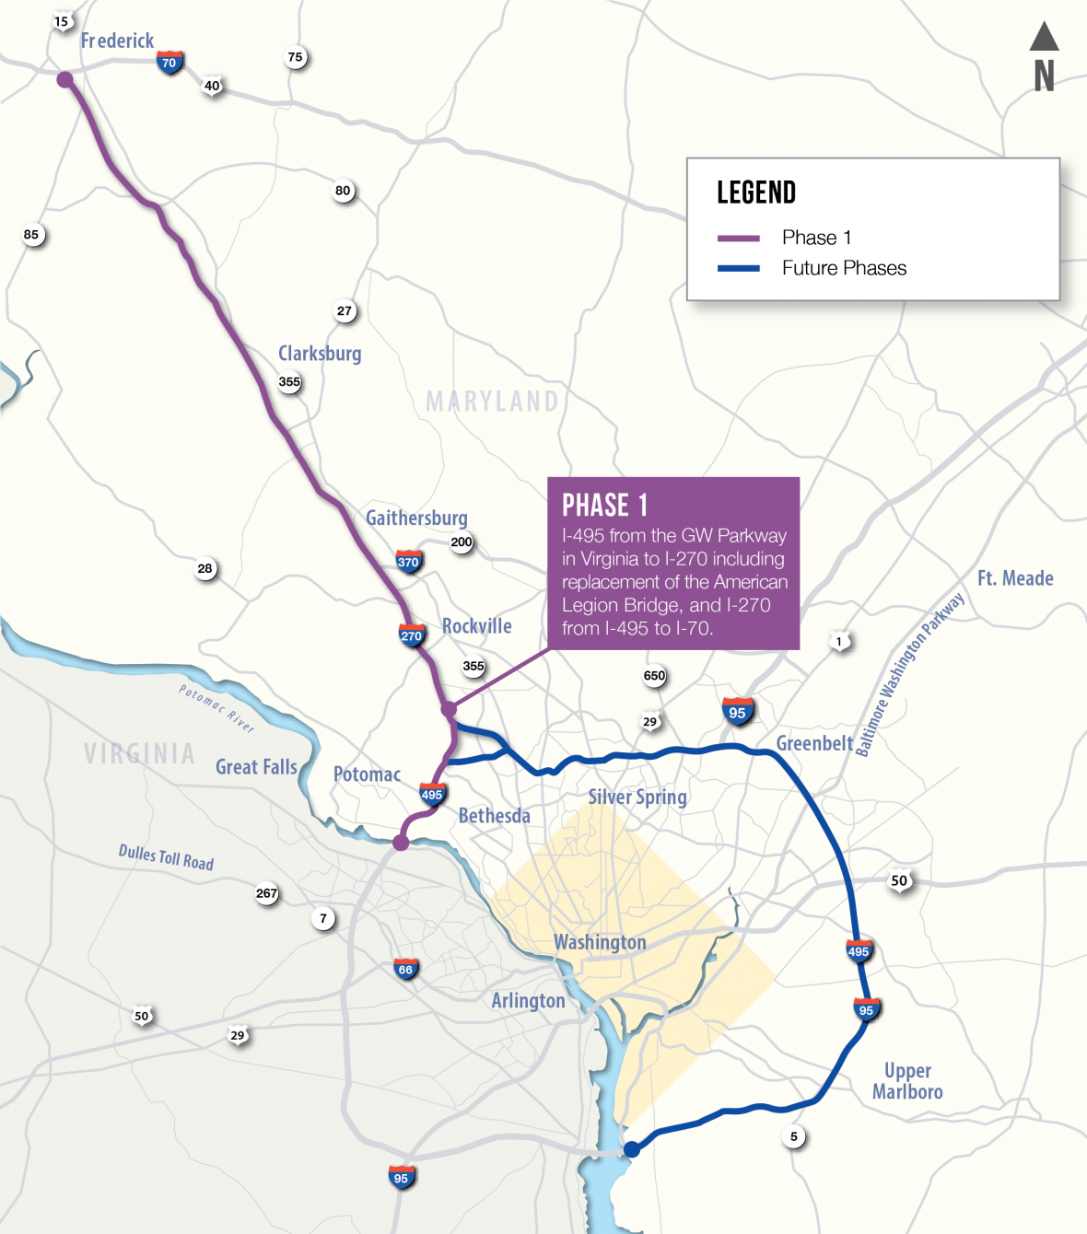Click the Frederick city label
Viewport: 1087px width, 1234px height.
point(117,41)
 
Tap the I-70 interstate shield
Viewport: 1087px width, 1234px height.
point(169,63)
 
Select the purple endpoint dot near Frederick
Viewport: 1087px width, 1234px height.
point(64,79)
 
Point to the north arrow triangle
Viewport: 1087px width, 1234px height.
point(1044,36)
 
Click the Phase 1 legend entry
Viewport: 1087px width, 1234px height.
point(816,238)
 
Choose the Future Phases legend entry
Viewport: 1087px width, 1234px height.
point(844,268)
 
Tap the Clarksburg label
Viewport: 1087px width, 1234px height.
point(320,354)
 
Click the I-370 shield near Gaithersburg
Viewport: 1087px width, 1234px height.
point(408,562)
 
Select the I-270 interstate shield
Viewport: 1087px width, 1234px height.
point(411,635)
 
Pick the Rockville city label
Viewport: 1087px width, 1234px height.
point(476,626)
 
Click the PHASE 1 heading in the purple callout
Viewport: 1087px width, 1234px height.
point(604,506)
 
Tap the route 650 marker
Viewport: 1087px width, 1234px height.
point(654,676)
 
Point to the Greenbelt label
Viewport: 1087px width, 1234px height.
point(814,743)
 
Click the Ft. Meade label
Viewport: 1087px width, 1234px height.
point(1015,578)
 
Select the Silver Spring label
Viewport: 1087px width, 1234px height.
point(637,797)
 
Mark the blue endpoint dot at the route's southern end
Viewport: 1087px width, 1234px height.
point(632,1148)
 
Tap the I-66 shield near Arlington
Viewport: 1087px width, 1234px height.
point(405,969)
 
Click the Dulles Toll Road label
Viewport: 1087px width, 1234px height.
point(166,857)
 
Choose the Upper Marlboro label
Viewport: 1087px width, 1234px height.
point(907,1081)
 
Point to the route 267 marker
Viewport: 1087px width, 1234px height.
point(267,893)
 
